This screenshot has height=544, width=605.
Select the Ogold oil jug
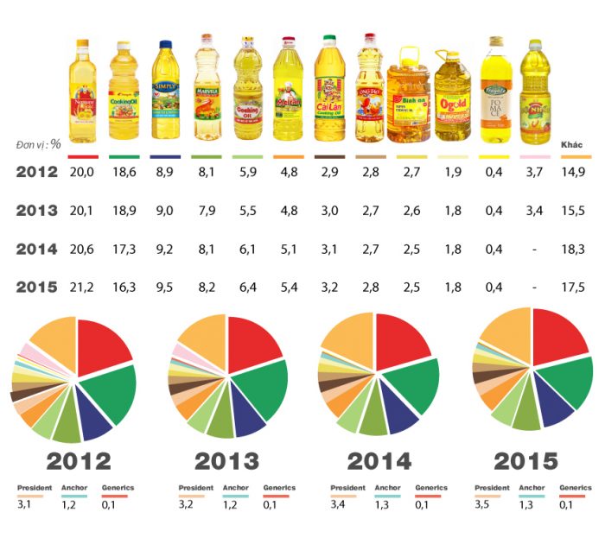[x=454, y=97]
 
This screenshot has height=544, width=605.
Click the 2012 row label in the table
[x=37, y=173]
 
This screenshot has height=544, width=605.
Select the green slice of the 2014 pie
[x=413, y=380]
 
